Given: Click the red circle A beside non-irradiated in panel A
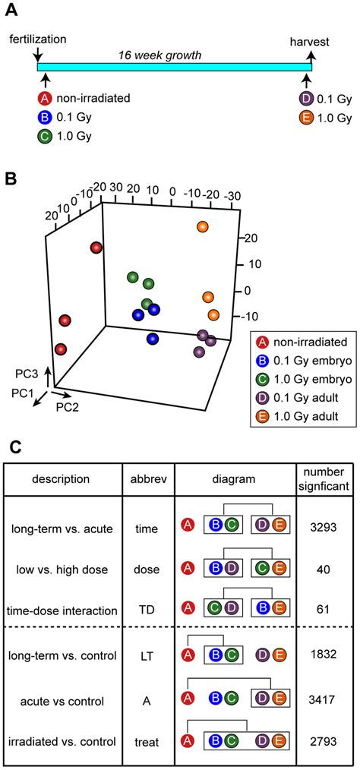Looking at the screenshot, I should point(45,98).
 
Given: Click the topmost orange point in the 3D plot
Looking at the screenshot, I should point(202,227).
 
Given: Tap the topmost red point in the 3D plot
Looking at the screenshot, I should point(96,248).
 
